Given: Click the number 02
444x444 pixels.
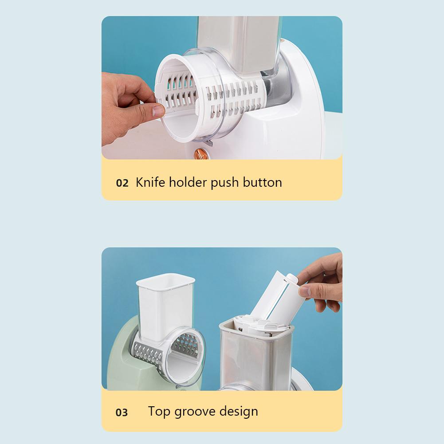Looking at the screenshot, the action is coord(122,183).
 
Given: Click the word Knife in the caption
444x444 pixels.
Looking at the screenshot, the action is coord(150,182).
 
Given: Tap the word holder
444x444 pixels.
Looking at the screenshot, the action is coord(188,182).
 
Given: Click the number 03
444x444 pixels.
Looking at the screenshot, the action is coord(122,413).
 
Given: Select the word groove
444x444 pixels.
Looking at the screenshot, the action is coord(195,412).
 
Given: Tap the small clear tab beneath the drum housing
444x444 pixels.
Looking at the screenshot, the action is coord(209,143).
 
